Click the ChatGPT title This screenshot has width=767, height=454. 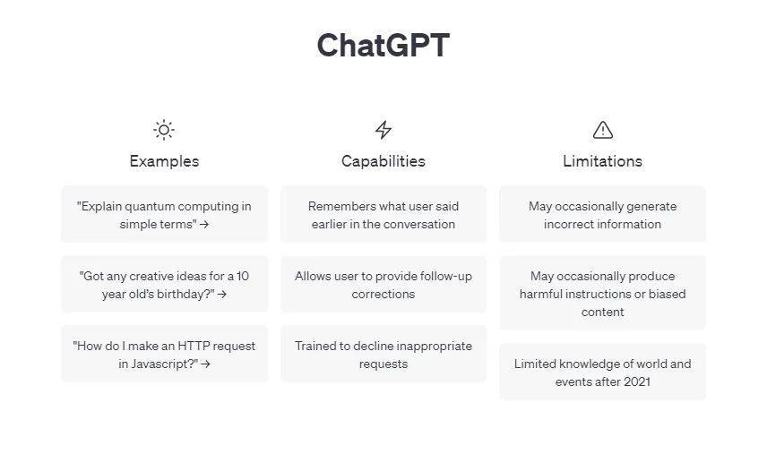point(383,45)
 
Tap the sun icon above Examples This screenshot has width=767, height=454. point(164,130)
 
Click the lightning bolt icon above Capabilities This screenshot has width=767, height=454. point(383,130)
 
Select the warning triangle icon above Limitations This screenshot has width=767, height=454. point(603,130)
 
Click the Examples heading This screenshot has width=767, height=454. point(164,161)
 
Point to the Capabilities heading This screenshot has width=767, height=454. point(383,161)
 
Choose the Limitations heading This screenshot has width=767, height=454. point(602,161)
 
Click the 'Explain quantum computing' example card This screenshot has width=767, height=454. point(164,215)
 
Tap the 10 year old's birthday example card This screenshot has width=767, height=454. point(164,285)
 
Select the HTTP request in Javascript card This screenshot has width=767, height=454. point(164,355)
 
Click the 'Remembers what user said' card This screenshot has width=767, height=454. point(383,215)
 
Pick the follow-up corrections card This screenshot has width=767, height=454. point(383,285)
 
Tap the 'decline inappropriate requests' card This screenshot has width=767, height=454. point(383,355)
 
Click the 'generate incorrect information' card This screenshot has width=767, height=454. point(602,215)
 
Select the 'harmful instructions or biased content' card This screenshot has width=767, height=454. point(602,294)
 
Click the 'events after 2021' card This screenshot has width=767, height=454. point(602,373)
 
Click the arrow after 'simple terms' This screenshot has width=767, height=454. point(204,225)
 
